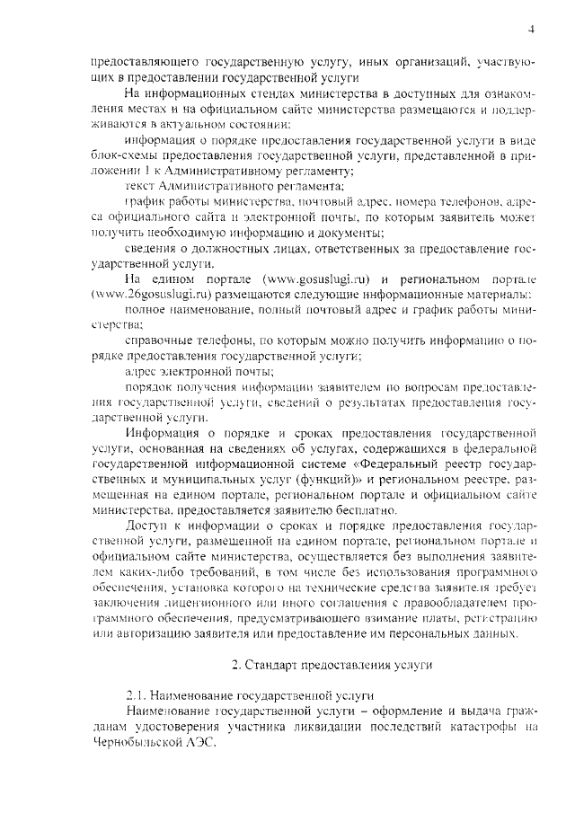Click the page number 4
point(532,29)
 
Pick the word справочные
point(157,341)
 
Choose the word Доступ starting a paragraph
point(146,525)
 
